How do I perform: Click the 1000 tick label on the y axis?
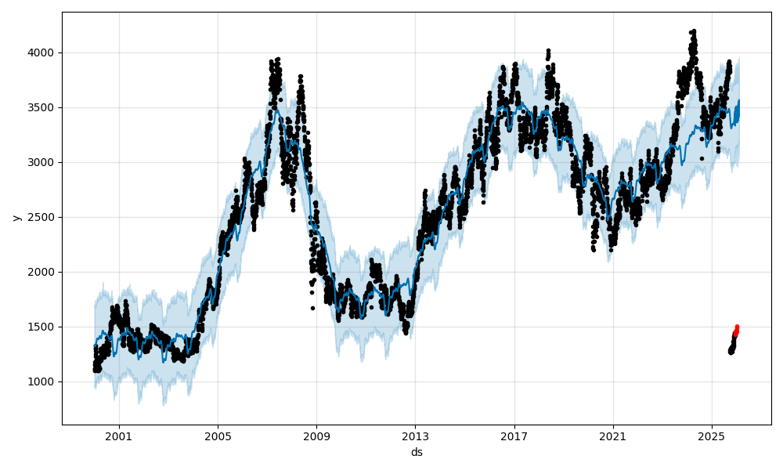point(42,381)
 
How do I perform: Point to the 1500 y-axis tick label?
point(42,327)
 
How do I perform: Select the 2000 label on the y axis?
point(42,272)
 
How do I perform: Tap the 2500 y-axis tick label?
point(42,217)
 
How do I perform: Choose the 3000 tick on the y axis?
point(42,162)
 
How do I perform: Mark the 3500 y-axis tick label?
point(42,107)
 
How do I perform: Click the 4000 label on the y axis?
point(42,52)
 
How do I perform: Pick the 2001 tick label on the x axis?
point(119,436)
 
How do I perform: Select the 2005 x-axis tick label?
point(218,436)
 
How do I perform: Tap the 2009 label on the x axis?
point(316,436)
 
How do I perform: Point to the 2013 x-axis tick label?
point(415,436)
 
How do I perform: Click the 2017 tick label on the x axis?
point(514,436)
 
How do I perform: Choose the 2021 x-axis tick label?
point(613,436)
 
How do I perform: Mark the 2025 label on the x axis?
point(712,436)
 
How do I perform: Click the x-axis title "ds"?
point(417,452)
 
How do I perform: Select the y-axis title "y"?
point(15,217)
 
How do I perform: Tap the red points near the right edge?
point(736,331)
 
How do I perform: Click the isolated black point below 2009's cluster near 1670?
point(312,308)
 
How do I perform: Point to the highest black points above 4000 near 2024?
point(692,34)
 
